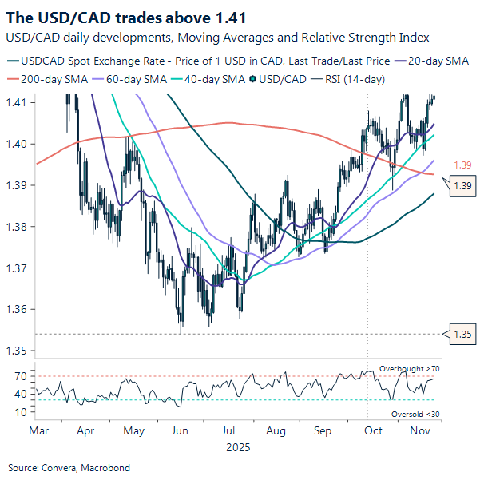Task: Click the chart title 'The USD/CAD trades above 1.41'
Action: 125,16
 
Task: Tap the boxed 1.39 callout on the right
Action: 462,185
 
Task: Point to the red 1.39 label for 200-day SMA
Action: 462,165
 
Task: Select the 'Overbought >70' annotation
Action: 409,368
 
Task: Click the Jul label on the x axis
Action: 230,430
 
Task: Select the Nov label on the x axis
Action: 419,430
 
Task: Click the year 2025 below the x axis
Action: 238,447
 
